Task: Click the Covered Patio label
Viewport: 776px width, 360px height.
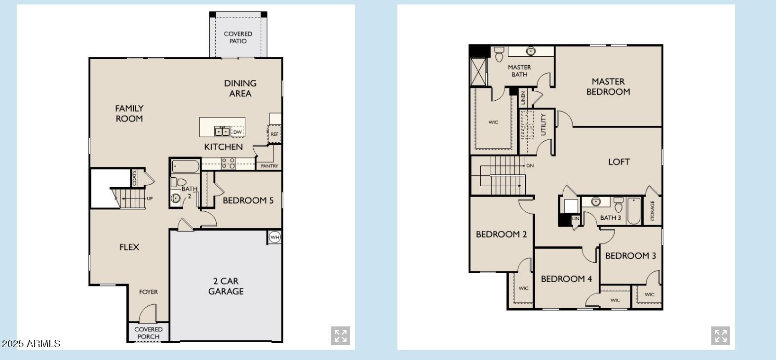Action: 238,38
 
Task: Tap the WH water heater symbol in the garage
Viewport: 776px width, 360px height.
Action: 275,238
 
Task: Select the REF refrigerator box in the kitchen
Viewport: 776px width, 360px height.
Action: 274,134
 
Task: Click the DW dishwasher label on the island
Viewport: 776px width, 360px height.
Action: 237,132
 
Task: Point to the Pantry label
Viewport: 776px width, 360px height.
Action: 270,166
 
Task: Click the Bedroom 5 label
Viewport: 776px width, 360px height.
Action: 248,200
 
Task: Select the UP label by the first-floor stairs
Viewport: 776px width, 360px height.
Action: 150,199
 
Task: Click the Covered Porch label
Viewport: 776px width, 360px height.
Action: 148,333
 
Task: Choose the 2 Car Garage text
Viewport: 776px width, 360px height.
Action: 226,286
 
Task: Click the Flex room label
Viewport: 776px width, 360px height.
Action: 129,247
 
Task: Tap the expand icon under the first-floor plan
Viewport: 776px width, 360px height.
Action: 341,336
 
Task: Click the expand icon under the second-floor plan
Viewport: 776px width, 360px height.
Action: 720,336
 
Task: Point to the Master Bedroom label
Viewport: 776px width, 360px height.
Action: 608,86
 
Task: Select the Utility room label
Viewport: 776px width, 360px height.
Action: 543,124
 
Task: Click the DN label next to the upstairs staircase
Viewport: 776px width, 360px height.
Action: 530,166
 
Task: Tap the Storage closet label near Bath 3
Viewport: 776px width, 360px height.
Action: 652,211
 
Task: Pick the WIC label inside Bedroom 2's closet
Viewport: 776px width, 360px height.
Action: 523,288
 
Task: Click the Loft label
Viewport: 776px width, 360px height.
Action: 619,162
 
